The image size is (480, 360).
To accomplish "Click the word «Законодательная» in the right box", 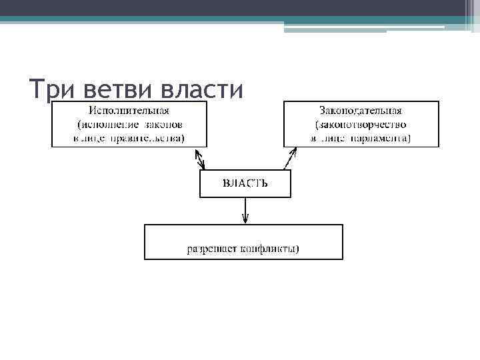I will point(361,110).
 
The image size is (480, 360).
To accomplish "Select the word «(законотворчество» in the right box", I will point(361,125).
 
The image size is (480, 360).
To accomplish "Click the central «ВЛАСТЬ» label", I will point(245,183).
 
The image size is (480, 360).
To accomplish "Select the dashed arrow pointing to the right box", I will point(289,159).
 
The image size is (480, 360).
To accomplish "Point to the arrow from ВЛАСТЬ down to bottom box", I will point(245,211).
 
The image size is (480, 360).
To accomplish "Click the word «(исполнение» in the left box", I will point(106,125).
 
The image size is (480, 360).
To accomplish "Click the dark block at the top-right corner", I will point(469,15).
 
